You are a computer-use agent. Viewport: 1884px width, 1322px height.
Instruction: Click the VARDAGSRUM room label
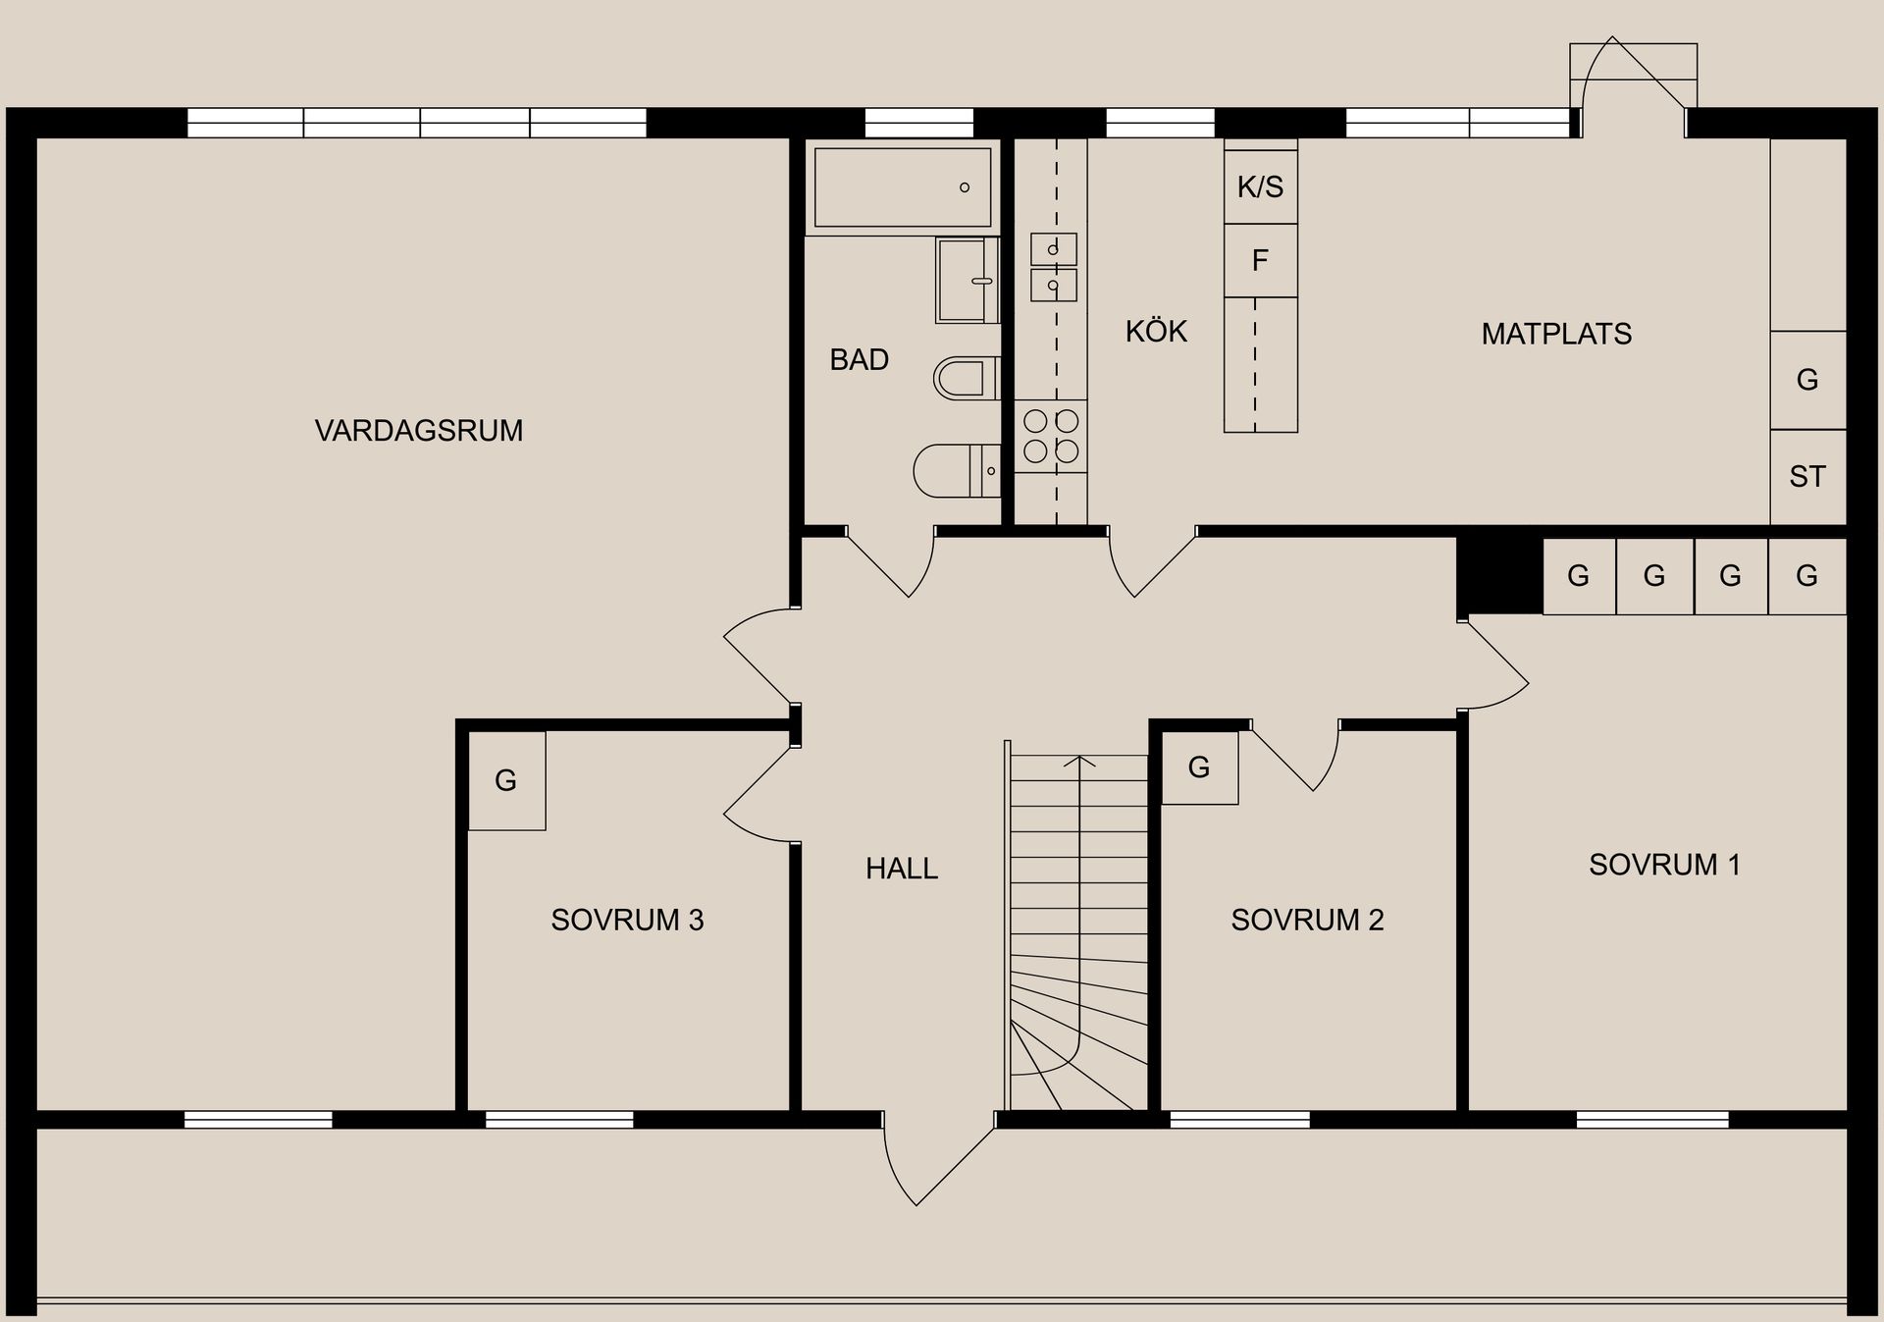coord(418,430)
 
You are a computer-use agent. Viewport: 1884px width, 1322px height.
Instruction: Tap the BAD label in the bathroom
coord(859,359)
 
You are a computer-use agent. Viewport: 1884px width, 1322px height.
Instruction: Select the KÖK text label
coord(1156,332)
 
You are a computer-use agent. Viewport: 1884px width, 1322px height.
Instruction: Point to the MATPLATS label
coord(1556,334)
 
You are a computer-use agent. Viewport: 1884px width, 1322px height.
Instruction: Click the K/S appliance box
coord(1260,186)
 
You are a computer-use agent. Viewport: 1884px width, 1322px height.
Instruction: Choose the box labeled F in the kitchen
coord(1260,260)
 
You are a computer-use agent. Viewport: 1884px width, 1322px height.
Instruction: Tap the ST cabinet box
coord(1806,477)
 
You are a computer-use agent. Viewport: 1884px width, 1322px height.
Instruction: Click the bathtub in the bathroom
coord(902,186)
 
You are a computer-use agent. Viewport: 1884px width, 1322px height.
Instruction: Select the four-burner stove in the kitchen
coord(1051,437)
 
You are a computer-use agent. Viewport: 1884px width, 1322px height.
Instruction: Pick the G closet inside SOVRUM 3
coord(506,781)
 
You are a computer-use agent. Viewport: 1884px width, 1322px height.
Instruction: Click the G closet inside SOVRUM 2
coord(1199,767)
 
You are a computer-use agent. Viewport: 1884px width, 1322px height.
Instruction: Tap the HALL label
coord(901,868)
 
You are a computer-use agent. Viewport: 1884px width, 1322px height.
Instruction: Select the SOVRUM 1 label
coord(1664,865)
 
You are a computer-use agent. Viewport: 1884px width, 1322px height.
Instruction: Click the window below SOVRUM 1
coord(1652,1120)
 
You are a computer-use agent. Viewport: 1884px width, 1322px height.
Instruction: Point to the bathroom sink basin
coord(966,281)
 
